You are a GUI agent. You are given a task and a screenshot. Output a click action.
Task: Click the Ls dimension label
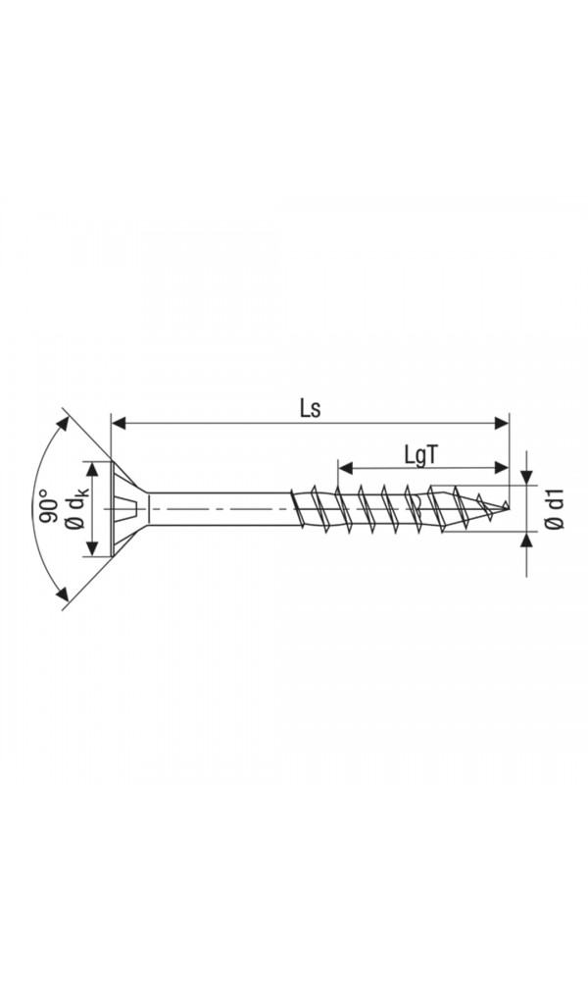pyautogui.click(x=310, y=409)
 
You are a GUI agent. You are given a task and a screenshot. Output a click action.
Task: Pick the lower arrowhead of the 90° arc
pyautogui.click(x=64, y=594)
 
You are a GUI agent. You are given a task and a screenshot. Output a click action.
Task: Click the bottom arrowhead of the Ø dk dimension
pyautogui.click(x=94, y=549)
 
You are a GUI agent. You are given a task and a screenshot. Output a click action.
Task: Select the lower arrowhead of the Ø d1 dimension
pyautogui.click(x=526, y=542)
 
